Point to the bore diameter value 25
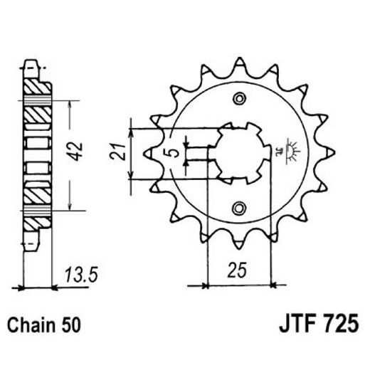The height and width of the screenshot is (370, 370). pyautogui.click(x=240, y=269)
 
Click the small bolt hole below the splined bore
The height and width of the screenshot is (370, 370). pyautogui.click(x=240, y=208)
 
